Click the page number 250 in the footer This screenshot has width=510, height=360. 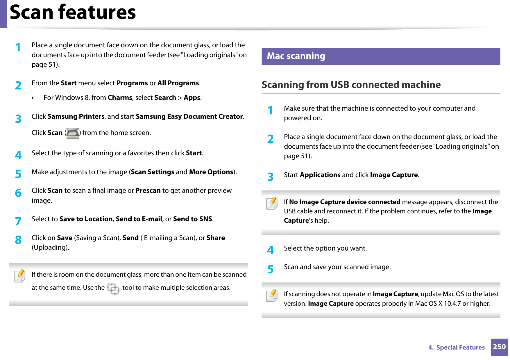tap(499, 347)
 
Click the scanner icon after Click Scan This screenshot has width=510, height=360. tap(73, 133)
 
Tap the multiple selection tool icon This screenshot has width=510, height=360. tap(113, 289)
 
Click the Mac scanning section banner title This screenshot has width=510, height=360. tap(296, 56)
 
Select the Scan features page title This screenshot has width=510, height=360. tap(73, 12)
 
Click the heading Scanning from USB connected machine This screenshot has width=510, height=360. tap(351, 85)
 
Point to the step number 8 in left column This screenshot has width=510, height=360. tap(18, 240)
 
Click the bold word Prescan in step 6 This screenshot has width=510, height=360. tap(148, 191)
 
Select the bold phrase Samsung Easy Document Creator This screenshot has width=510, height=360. tap(189, 117)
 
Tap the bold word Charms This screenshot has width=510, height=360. tap(120, 98)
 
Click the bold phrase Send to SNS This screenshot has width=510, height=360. tap(193, 219)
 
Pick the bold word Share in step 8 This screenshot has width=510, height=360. tap(216, 238)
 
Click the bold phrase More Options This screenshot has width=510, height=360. tap(211, 172)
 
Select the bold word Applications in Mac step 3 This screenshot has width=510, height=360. tap(320, 175)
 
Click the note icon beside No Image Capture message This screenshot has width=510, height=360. tap(272, 203)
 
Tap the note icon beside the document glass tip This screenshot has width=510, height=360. tap(20, 276)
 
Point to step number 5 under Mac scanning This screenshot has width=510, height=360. tap(271, 269)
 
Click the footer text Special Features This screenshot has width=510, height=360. tap(460, 348)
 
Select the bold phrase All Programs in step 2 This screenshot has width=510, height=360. tap(178, 83)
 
